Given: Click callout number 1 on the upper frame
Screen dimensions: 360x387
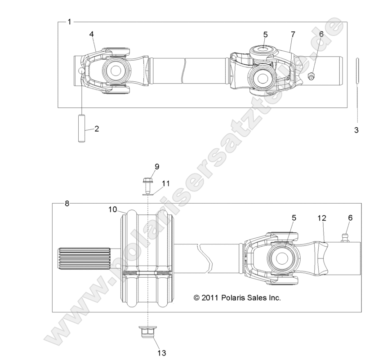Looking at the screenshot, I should [69, 22].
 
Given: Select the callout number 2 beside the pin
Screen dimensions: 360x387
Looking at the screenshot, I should [97, 129].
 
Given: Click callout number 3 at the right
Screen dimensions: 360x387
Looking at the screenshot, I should [357, 130].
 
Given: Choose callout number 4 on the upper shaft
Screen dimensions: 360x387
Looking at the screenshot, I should [91, 34].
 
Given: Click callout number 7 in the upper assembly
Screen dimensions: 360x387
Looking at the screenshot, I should [293, 34].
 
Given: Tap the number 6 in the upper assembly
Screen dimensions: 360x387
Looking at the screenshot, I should [321, 34].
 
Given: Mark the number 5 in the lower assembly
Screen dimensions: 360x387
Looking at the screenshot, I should [294, 218].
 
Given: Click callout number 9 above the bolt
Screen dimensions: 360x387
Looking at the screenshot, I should [157, 167].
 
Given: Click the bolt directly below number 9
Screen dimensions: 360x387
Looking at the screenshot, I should [147, 183].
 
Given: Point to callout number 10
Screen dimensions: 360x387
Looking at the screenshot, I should [112, 209].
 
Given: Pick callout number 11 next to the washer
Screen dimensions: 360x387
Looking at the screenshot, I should [166, 183].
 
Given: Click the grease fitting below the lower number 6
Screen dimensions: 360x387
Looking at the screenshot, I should [346, 237].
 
